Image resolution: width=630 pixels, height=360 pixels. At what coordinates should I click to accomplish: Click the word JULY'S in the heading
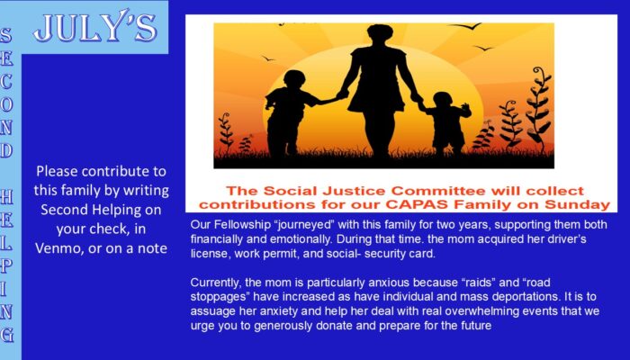95,28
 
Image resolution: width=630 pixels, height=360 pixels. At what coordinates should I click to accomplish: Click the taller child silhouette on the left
289,113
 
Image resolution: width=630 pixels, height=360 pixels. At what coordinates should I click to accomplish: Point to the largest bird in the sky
465,26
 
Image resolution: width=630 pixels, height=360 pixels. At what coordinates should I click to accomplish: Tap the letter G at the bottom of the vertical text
7,335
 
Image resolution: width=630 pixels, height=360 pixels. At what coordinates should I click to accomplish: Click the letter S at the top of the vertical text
5,35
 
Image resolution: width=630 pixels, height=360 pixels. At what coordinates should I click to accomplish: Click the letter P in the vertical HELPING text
6,266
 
